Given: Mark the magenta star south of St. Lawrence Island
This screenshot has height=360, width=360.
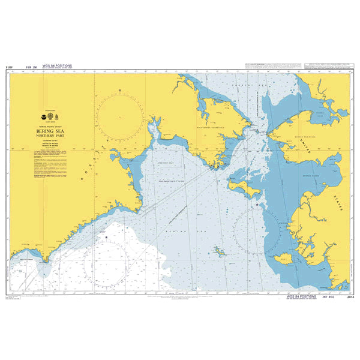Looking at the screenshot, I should click(x=257, y=205).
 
